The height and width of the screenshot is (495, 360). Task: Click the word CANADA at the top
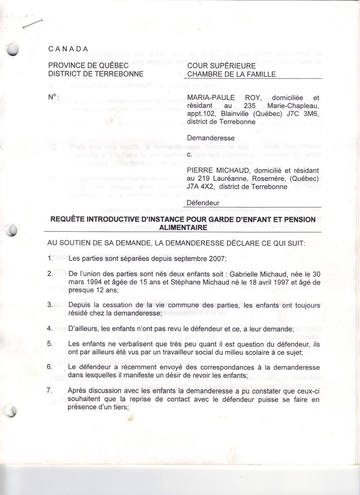[68, 49]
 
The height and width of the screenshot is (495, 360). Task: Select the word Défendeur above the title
[203, 203]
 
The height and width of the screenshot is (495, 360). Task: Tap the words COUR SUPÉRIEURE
[221, 66]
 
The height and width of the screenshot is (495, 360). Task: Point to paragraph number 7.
[50, 390]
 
